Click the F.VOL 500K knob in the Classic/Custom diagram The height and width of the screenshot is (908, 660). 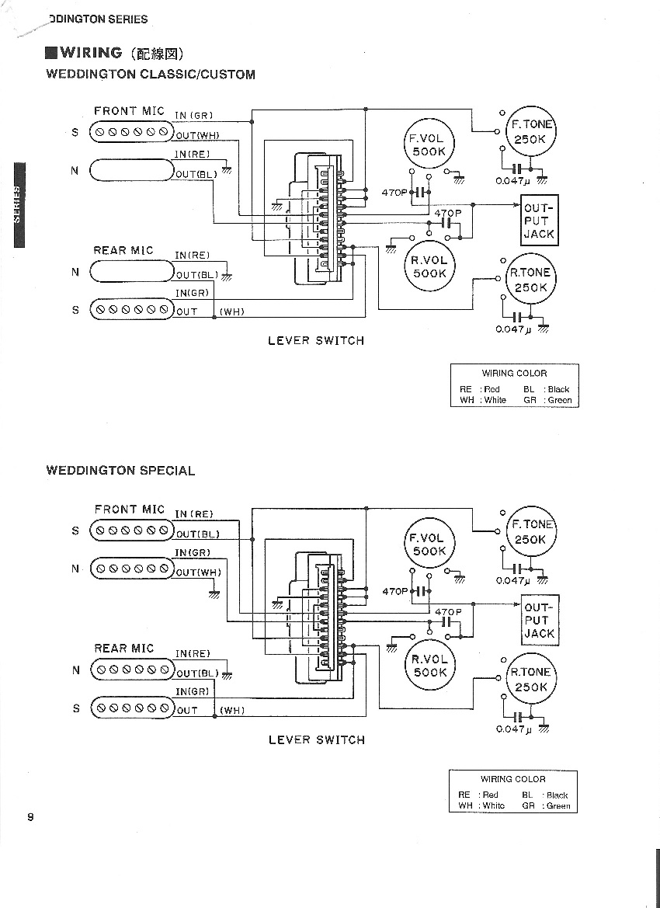429,144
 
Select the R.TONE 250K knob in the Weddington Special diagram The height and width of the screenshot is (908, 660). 530,680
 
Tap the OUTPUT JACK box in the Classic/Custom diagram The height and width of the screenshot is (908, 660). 540,221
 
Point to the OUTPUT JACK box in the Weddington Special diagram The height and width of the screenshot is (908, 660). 540,620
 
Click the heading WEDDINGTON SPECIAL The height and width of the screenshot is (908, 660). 120,470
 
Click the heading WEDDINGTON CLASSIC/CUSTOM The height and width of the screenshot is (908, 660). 151,74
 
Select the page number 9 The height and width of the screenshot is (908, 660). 30,818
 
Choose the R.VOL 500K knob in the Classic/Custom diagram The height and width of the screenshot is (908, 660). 429,267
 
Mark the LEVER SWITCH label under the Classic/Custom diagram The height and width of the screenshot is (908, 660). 316,340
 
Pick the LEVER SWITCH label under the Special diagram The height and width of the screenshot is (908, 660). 317,739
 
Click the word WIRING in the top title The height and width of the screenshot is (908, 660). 91,53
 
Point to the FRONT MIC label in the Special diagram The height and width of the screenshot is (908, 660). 130,509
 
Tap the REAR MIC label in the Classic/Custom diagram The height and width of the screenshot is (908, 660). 123,250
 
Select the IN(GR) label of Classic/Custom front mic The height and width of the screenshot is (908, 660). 194,115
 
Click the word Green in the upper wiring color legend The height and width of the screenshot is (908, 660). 559,400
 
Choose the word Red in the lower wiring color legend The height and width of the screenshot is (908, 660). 491,795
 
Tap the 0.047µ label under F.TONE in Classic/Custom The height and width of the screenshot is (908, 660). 512,181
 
